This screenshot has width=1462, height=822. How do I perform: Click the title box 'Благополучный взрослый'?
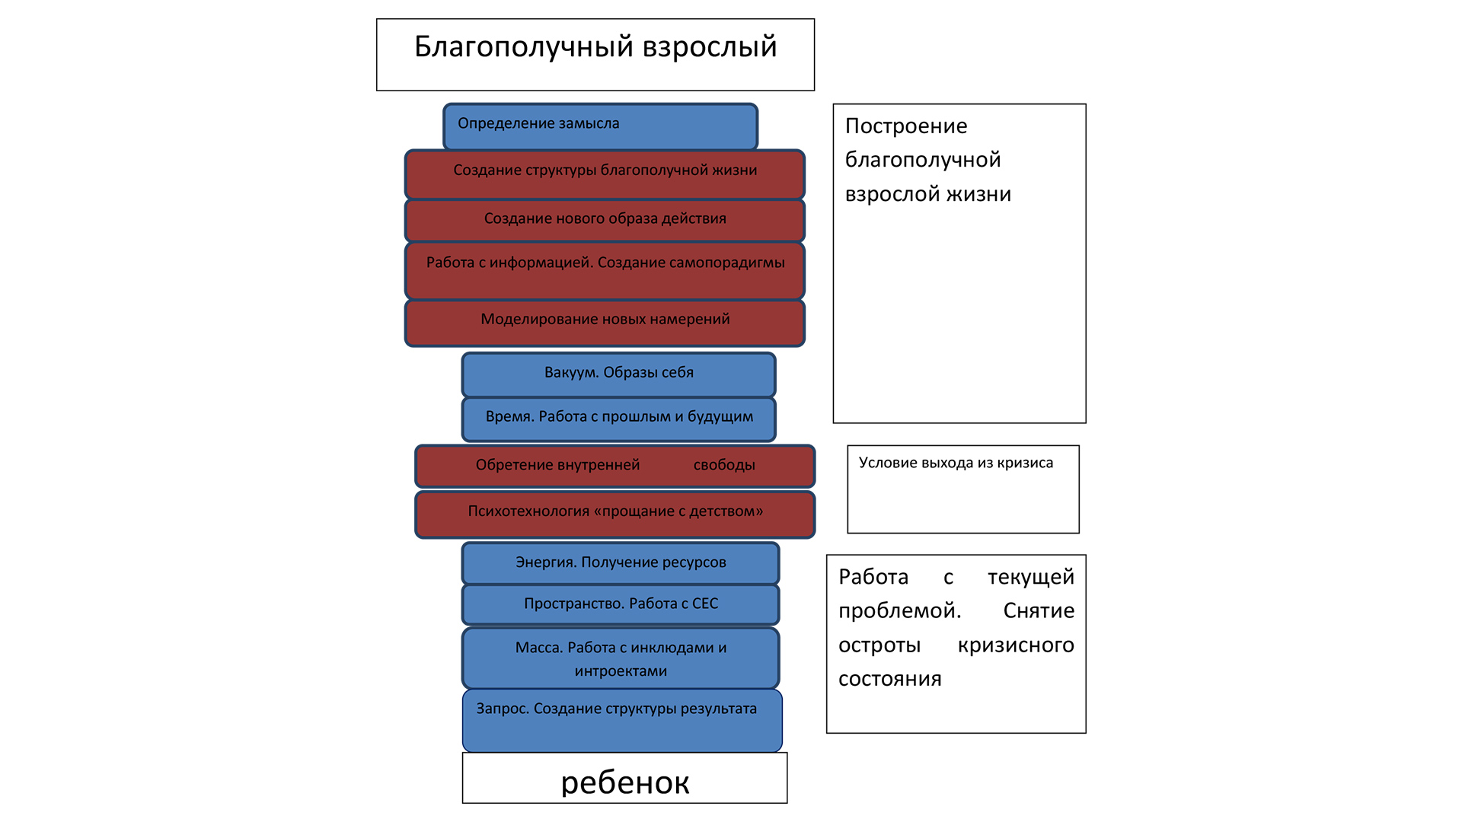[x=595, y=55]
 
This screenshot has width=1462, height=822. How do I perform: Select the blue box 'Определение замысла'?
[x=600, y=127]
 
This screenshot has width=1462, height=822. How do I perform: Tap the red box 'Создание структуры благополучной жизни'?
[x=605, y=174]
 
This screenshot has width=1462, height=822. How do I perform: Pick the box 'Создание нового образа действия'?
[x=605, y=221]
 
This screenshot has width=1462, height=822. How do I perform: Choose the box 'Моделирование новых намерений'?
[x=605, y=323]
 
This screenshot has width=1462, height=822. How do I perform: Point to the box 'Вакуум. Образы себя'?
[x=618, y=374]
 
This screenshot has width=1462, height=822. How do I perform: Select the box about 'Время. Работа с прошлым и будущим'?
[x=618, y=419]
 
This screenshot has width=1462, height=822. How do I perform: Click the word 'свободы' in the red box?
[x=724, y=465]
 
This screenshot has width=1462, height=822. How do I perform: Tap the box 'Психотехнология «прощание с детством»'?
[x=615, y=515]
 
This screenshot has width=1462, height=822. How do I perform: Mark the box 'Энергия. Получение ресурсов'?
[x=621, y=563]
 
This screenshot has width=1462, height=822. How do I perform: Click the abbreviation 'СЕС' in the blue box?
[x=705, y=604]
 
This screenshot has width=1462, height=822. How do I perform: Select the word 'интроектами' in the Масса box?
[x=621, y=671]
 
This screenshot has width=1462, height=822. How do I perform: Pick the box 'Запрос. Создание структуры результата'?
[x=622, y=721]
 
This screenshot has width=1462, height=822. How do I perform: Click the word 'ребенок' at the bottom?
[x=625, y=783]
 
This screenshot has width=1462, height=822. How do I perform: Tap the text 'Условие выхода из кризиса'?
[x=956, y=463]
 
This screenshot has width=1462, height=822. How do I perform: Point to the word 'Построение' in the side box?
[x=906, y=126]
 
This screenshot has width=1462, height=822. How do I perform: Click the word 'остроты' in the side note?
[x=879, y=645]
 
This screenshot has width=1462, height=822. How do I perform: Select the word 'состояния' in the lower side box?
[x=890, y=679]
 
